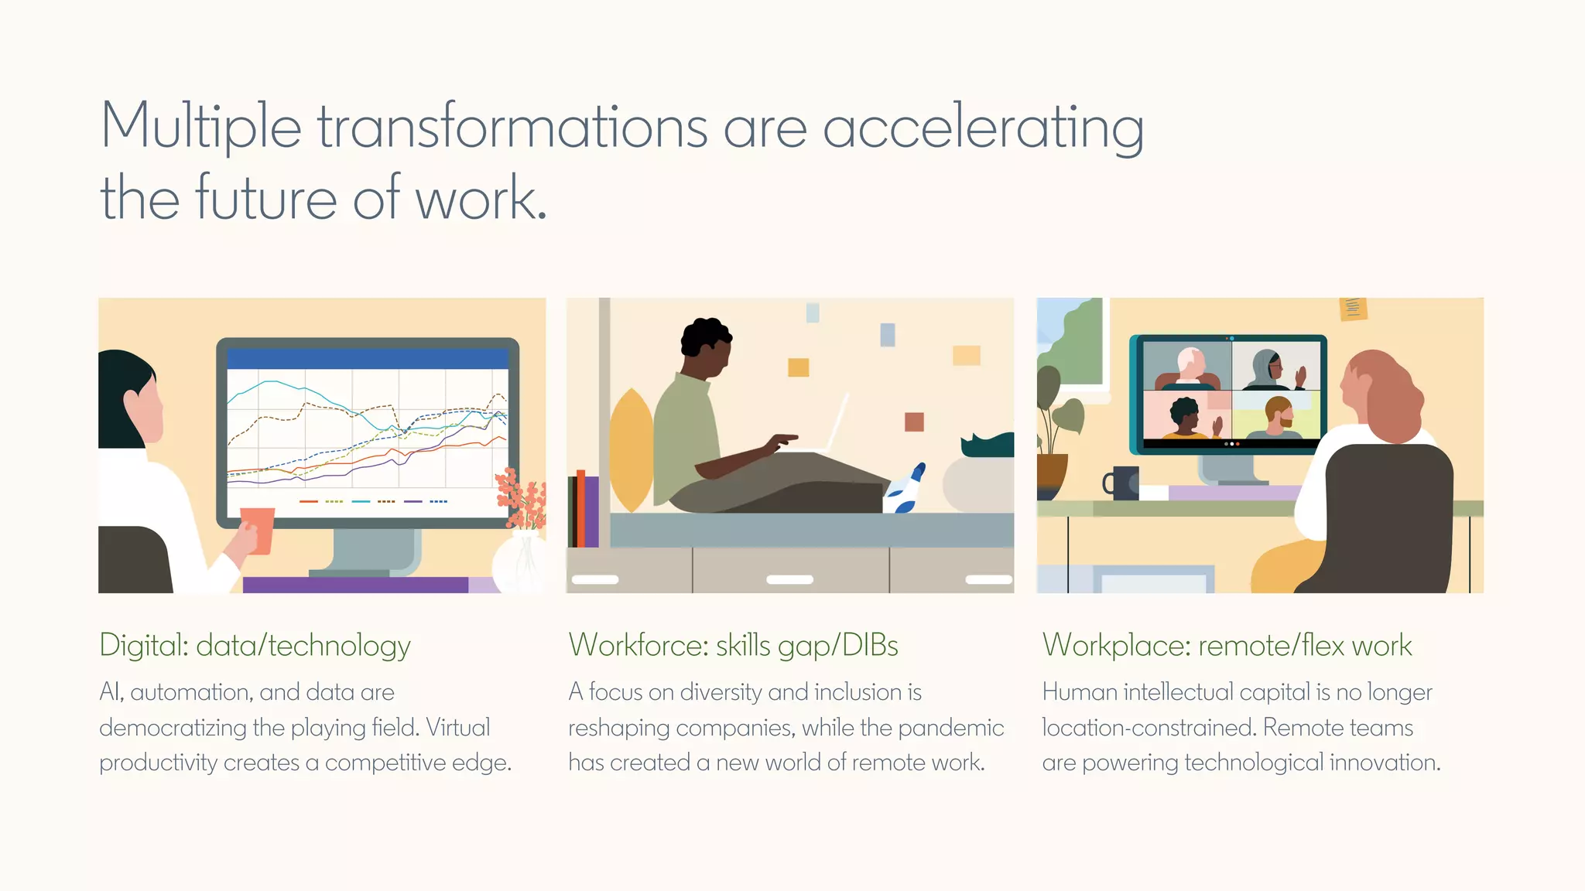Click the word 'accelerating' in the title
983,128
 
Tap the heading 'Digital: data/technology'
255,645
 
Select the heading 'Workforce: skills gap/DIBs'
733,645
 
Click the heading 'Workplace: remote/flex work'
1227,645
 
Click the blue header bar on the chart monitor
367,358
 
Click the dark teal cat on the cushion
988,445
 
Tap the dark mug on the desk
1123,483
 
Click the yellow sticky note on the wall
1353,308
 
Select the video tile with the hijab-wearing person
1275,365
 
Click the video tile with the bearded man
1275,416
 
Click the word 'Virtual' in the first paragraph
458,728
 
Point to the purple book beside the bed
591,510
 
